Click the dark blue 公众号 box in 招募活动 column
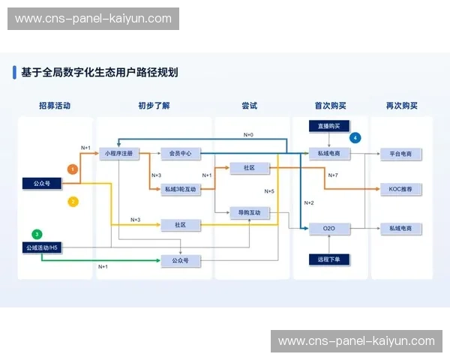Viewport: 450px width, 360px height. [41, 182]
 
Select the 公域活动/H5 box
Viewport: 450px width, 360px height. [41, 247]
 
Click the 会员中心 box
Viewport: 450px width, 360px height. [180, 154]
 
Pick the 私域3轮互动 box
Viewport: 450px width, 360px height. [180, 190]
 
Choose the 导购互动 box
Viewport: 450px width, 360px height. [250, 213]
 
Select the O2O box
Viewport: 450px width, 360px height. [329, 228]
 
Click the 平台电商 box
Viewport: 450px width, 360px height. [400, 154]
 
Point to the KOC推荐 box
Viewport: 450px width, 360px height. [400, 190]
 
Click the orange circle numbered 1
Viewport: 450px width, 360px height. [73, 169]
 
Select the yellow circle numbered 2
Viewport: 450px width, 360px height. [73, 202]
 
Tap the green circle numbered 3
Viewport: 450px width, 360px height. [37, 234]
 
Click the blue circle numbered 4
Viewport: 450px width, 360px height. [355, 137]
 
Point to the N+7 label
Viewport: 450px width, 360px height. [333, 175]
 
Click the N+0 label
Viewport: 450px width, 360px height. [248, 135]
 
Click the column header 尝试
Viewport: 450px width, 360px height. [250, 106]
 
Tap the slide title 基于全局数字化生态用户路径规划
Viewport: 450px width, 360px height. [100, 73]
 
